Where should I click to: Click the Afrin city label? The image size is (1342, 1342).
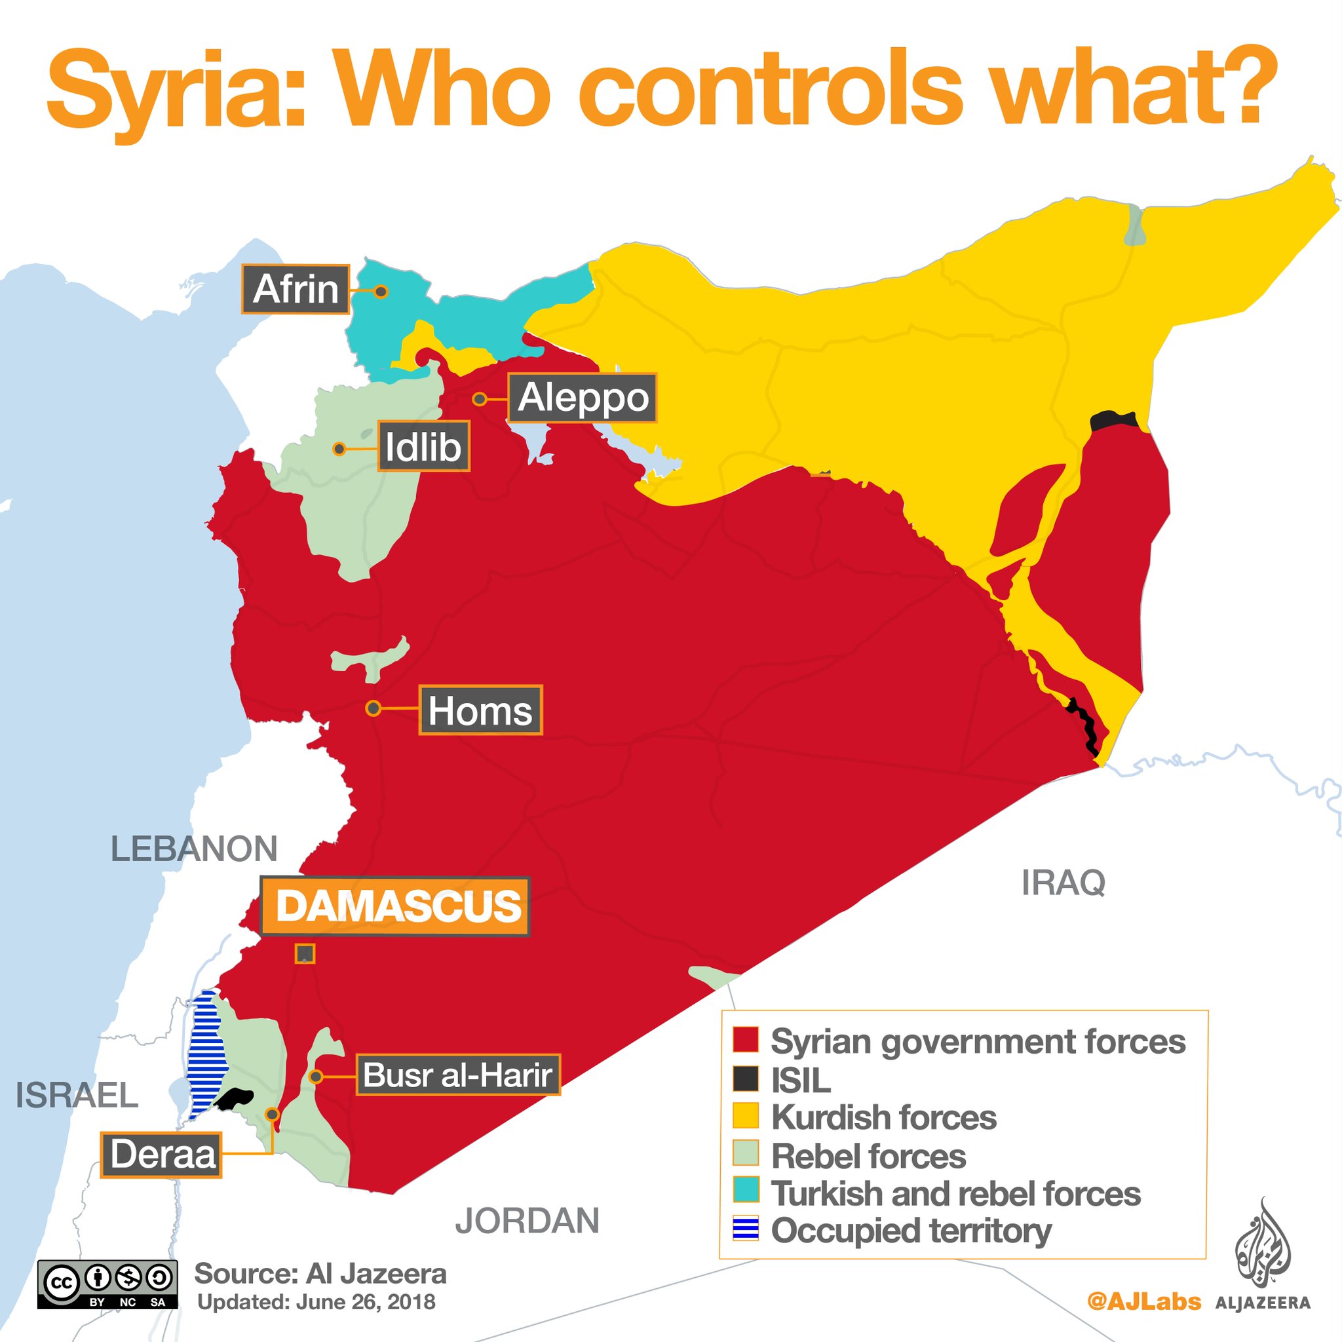point(296,289)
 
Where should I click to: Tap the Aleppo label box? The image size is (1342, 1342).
point(582,397)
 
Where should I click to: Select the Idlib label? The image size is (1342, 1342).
point(423,447)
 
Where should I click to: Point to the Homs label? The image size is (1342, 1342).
point(480,710)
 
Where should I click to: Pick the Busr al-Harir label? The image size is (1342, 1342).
point(458,1075)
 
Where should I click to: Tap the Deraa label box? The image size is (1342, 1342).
point(162,1155)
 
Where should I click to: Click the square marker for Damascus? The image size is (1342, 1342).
point(305,953)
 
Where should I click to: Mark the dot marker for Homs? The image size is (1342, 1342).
point(373,708)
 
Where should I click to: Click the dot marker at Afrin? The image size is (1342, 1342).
point(381,292)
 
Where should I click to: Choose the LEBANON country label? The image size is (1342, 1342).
point(195,849)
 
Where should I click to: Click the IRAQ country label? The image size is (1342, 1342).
point(1064,883)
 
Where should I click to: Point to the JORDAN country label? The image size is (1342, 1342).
point(527,1219)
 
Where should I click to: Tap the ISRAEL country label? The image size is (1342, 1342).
point(77,1096)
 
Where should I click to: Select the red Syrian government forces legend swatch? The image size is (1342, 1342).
point(745,1041)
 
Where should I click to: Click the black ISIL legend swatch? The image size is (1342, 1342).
point(745,1079)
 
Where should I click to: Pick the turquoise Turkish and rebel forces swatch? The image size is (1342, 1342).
point(745,1191)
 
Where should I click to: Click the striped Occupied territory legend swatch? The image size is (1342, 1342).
point(745,1229)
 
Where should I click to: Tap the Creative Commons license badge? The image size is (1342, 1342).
point(107,1284)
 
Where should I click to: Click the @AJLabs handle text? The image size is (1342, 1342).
point(1143,1301)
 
